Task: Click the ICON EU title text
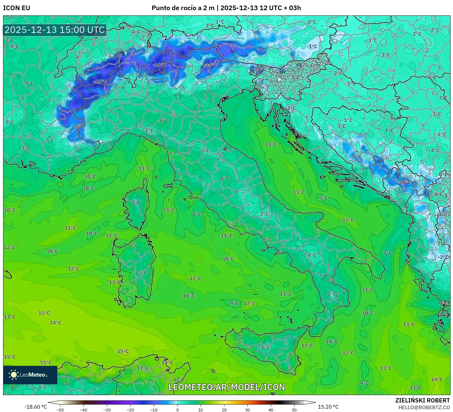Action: pyautogui.click(x=17, y=8)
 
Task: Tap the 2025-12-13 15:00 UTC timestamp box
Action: pyautogui.click(x=55, y=30)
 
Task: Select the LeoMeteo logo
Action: pyautogui.click(x=30, y=375)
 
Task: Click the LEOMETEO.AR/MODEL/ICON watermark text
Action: pyautogui.click(x=226, y=387)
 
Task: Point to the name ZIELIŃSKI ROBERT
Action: pyautogui.click(x=422, y=400)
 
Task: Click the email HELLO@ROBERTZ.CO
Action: pyautogui.click(x=424, y=407)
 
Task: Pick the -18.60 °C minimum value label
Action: pyautogui.click(x=35, y=407)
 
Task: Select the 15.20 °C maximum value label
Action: pyautogui.click(x=328, y=407)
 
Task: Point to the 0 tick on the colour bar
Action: pyautogui.click(x=177, y=410)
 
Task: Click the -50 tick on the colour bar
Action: pyautogui.click(x=60, y=410)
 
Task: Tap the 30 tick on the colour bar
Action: pyautogui.click(x=247, y=410)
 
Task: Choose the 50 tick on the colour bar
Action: pyautogui.click(x=294, y=410)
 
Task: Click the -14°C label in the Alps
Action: pyautogui.click(x=211, y=65)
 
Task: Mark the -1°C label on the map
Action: pyautogui.click(x=312, y=46)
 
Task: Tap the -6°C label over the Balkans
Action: pyautogui.click(x=357, y=156)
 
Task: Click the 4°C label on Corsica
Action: pyautogui.click(x=136, y=202)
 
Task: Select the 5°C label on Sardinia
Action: pyautogui.click(x=143, y=273)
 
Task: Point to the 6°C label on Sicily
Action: pyautogui.click(x=266, y=347)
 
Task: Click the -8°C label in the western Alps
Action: pyautogui.click(x=79, y=126)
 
